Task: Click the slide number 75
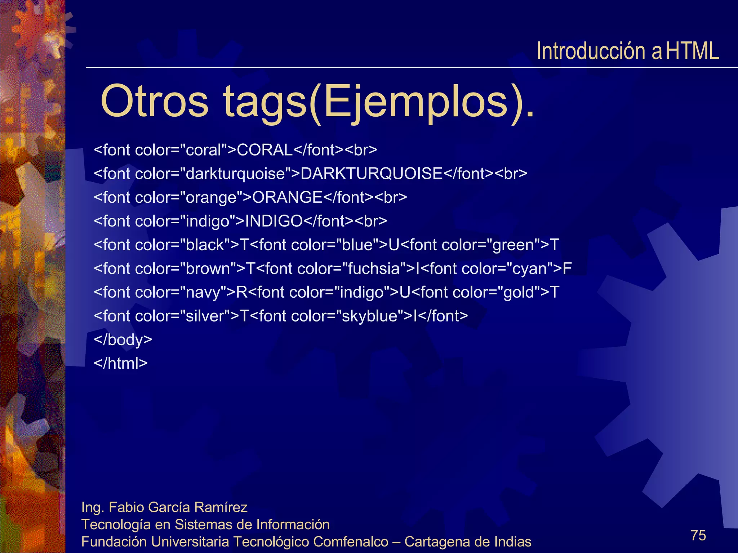[x=698, y=535]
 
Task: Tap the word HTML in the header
[x=692, y=51]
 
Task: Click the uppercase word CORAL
[x=265, y=150]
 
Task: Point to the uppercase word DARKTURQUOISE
[x=371, y=174]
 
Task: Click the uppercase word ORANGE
[x=287, y=197]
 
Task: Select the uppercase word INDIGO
[x=274, y=221]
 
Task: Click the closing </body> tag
[x=123, y=340]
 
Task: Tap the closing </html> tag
[x=121, y=363]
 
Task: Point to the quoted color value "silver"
[x=204, y=316]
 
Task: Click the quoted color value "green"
[x=513, y=245]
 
